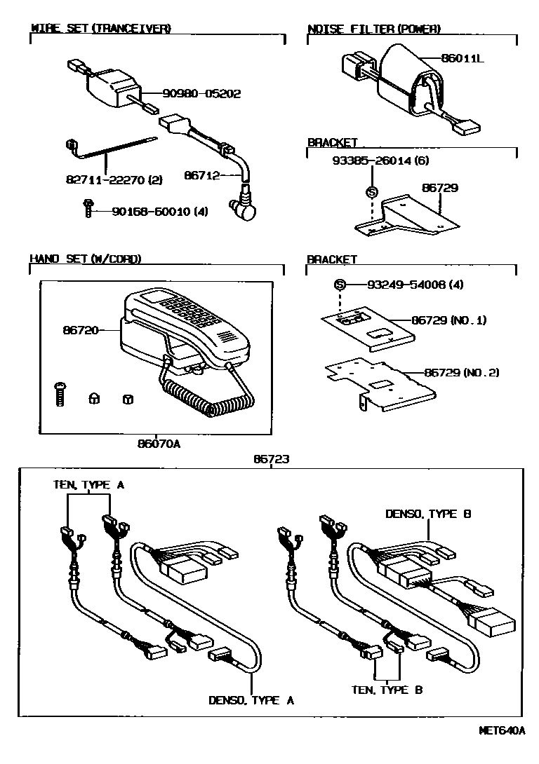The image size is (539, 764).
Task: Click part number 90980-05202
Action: (201, 93)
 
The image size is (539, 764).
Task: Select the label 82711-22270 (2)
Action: (112, 180)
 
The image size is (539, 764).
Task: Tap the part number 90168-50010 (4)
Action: (149, 211)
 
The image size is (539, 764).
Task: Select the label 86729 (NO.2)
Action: (462, 373)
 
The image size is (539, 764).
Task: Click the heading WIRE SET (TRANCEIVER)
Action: (101, 29)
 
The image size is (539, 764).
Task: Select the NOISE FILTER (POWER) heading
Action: (374, 29)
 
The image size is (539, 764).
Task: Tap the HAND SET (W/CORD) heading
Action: (85, 259)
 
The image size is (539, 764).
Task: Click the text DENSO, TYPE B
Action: (428, 514)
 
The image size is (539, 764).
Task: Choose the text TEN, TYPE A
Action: (89, 485)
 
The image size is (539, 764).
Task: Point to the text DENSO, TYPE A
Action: (251, 700)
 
